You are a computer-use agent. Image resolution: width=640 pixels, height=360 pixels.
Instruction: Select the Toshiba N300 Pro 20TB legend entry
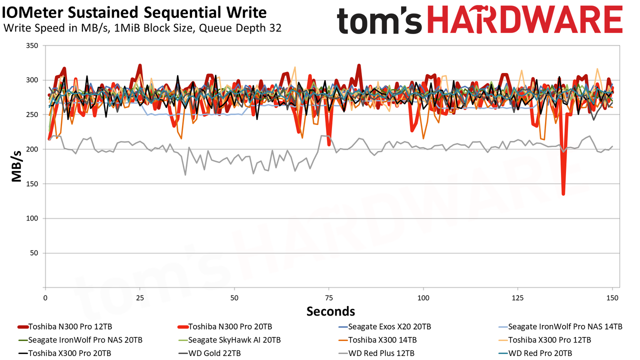pos(224,326)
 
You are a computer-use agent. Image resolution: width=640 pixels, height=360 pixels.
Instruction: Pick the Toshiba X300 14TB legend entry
pos(377,340)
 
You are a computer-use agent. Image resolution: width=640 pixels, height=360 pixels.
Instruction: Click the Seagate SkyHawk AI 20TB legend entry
pos(229,340)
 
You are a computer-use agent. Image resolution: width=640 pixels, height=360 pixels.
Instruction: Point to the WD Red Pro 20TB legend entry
pos(535,353)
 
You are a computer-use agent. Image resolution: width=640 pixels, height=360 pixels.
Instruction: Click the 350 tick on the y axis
pos(32,45)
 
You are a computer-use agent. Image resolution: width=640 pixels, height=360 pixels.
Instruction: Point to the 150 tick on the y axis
pos(32,184)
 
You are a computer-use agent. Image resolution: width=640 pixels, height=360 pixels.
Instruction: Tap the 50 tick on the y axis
pos(34,253)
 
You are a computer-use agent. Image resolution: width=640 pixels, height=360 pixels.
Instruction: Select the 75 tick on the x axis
pos(329,298)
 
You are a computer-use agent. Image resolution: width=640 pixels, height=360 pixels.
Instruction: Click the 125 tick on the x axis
pos(517,298)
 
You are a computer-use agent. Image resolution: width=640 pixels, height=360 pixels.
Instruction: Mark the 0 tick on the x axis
pos(45,298)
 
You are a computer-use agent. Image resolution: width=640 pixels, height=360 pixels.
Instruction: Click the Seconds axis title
pos(330,311)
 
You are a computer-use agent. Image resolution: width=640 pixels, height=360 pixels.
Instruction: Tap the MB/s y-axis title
pos(16,166)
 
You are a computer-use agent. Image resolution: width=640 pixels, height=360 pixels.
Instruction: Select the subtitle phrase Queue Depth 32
pos(240,28)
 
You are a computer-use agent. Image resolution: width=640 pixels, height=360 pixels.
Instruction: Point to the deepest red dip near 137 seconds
pos(563,194)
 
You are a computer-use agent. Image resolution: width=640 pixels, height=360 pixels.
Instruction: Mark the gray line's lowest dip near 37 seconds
pos(185,174)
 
